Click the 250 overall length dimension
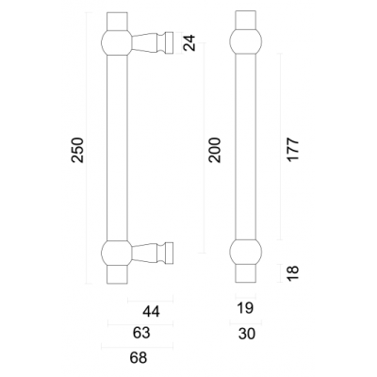[78, 150]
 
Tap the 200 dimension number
[215, 150]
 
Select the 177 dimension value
[293, 149]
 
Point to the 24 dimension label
[189, 43]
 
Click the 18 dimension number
[293, 273]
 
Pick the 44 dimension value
[151, 312]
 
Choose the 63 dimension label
[141, 333]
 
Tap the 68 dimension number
[139, 357]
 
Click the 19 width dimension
[245, 308]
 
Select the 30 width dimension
[247, 334]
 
